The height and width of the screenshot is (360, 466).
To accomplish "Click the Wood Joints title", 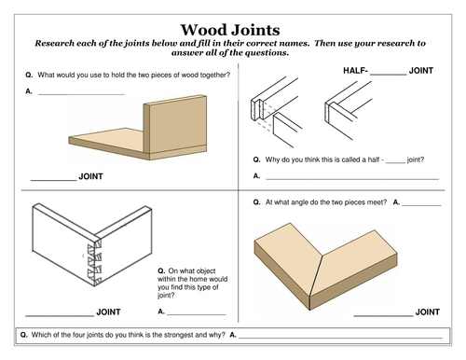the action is click(230, 30).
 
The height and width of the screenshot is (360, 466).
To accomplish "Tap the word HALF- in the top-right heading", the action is click(355, 71).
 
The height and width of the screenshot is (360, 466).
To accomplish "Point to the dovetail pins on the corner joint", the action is click(95, 263).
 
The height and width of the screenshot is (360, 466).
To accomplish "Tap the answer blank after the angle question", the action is click(421, 205).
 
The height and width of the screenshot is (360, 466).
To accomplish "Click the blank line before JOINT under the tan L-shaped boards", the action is click(53, 180).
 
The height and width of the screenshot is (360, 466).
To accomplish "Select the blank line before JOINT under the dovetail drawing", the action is click(60, 316).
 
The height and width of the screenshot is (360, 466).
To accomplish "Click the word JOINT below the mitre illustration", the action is click(428, 312).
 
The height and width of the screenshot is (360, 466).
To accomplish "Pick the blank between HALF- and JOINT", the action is click(389, 75).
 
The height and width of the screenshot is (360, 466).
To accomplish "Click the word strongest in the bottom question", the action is click(181, 335).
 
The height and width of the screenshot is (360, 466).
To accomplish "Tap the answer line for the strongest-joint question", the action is click(340, 338).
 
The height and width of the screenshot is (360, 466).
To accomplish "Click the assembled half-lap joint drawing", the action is click(348, 110).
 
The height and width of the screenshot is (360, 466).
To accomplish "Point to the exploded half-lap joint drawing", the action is click(276, 112).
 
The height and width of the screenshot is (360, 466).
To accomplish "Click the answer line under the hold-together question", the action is click(81, 94).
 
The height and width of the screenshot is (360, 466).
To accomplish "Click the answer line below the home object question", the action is click(197, 314).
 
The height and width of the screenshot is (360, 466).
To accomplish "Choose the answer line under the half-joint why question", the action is click(352, 179).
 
